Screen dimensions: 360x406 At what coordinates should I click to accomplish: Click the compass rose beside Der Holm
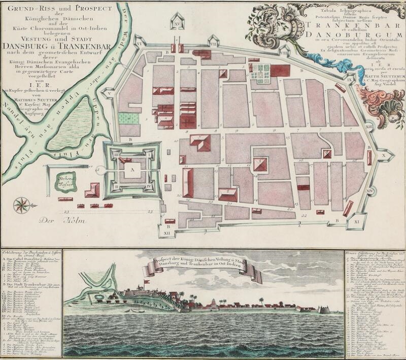point(21,206)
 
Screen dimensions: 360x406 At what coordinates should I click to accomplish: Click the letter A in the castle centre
point(133,171)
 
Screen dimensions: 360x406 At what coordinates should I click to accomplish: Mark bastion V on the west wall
point(108,93)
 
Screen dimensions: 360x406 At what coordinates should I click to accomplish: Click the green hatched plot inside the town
point(129,117)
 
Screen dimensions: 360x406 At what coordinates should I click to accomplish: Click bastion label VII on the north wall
point(214,45)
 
